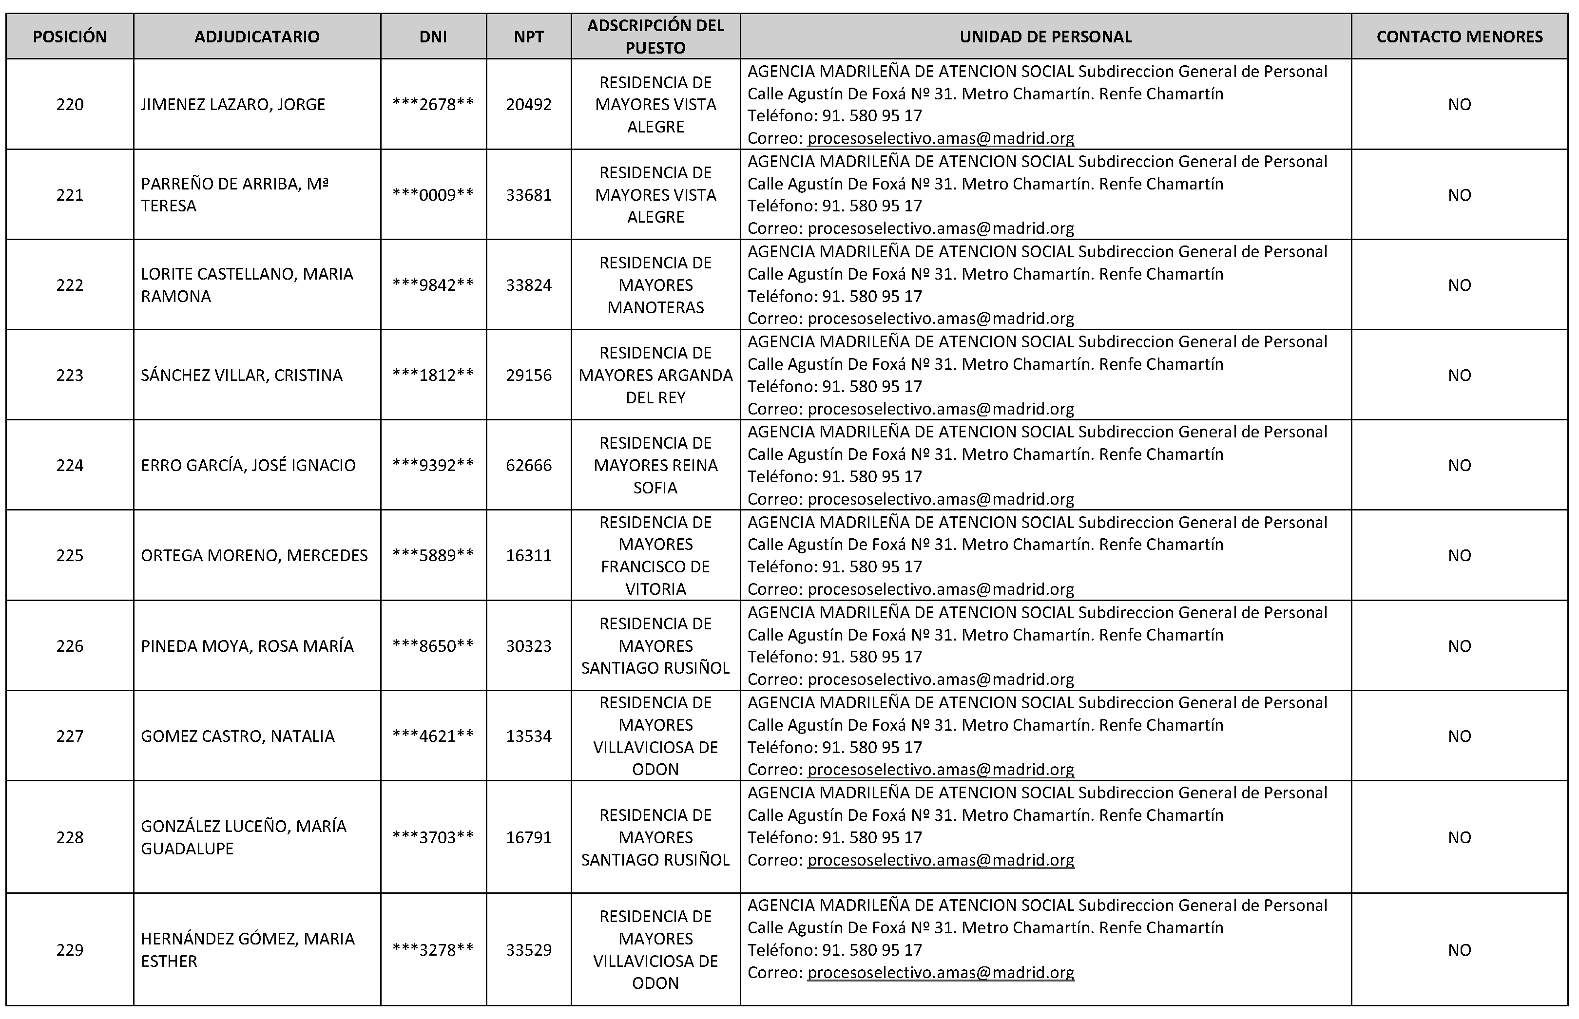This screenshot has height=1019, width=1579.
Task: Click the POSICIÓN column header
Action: [70, 37]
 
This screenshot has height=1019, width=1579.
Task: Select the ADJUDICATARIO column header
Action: [257, 37]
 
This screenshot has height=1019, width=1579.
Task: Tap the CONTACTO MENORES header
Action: [1459, 37]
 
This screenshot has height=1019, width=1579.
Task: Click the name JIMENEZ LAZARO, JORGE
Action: [233, 105]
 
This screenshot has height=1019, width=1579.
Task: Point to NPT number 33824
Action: [528, 285]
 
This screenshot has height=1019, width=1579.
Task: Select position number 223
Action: [70, 375]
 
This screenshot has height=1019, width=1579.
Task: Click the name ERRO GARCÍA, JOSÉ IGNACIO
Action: [248, 465]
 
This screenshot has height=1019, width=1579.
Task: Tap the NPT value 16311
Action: [528, 555]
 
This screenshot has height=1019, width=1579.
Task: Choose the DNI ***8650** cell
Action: [433, 646]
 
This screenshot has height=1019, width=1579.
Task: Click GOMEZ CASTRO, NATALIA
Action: [238, 736]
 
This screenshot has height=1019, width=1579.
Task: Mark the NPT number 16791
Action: [528, 837]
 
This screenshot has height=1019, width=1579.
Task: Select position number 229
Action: [70, 949]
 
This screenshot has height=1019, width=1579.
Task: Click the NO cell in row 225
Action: [1459, 555]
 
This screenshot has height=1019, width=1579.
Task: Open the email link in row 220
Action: [940, 138]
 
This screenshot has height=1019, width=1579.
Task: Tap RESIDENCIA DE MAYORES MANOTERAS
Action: [655, 285]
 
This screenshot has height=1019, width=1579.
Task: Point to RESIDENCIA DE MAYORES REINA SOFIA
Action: [655, 465]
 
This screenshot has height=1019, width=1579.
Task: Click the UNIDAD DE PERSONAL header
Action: [1045, 37]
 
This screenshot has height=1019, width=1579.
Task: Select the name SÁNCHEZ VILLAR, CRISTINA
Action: [242, 375]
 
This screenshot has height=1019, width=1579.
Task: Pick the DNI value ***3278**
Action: [433, 949]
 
